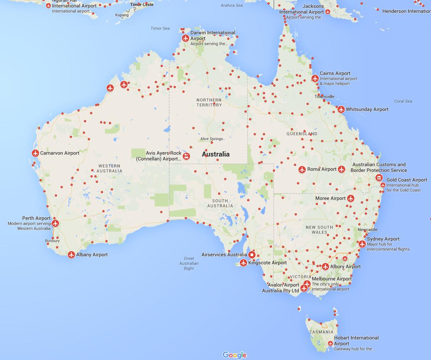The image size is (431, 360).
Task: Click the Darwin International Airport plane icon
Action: click(x=186, y=38)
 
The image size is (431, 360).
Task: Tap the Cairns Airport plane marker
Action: click(x=315, y=79)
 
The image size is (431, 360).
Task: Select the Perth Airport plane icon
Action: click(x=56, y=223)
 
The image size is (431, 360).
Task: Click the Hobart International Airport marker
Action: click(x=330, y=344)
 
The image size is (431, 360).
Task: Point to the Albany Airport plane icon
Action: click(x=71, y=255)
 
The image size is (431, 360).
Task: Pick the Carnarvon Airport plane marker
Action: click(x=35, y=153)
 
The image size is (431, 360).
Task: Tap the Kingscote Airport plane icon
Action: click(x=243, y=263)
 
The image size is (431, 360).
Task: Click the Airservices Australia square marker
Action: click(x=252, y=255)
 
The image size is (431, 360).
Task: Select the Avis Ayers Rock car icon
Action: click(x=186, y=156)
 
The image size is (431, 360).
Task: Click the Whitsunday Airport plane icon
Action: click(x=341, y=110)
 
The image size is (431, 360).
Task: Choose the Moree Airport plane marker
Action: click(x=351, y=199)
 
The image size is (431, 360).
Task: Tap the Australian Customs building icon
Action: click(x=379, y=178)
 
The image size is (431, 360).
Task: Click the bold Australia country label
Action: click(x=216, y=154)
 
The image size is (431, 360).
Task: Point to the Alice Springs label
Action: click(x=211, y=139)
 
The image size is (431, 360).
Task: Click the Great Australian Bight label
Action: click(x=189, y=263)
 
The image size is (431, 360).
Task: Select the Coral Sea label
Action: click(x=403, y=101)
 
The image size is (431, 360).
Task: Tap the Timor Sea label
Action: click(x=160, y=28)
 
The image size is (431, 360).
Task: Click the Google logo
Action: click(x=234, y=355)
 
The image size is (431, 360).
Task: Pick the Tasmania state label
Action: click(x=322, y=332)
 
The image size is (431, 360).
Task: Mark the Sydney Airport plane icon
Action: click(x=362, y=244)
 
